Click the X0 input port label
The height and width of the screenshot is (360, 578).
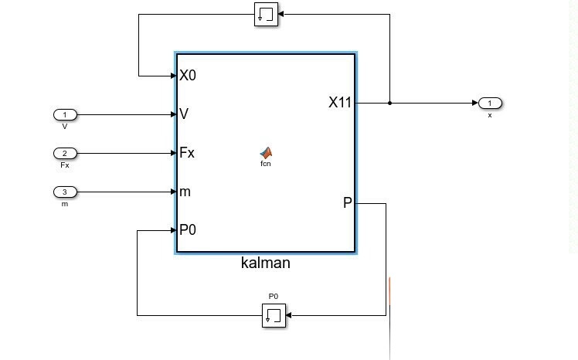tap(188, 76)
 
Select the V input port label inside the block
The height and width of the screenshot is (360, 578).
tap(184, 114)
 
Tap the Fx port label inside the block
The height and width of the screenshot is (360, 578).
tap(187, 152)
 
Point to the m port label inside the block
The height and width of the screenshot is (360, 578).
tap(185, 191)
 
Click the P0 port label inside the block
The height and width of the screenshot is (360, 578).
tap(188, 229)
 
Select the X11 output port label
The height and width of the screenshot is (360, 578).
tap(340, 102)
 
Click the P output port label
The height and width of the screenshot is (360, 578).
tap(347, 203)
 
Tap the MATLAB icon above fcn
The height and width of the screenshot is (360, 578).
tap(266, 152)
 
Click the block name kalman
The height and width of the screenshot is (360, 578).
tap(265, 263)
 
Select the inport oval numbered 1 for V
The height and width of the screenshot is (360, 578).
tap(65, 114)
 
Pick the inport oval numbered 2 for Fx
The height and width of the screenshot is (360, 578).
tap(65, 152)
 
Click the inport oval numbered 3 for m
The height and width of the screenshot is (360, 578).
tap(65, 191)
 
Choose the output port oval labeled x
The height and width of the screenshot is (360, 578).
tap(490, 103)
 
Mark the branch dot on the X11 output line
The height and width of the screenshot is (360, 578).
tap(390, 103)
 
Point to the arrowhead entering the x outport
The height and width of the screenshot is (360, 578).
tap(474, 103)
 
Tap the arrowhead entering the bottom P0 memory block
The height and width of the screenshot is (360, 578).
tap(291, 315)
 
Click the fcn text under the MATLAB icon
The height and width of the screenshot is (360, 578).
tap(266, 164)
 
